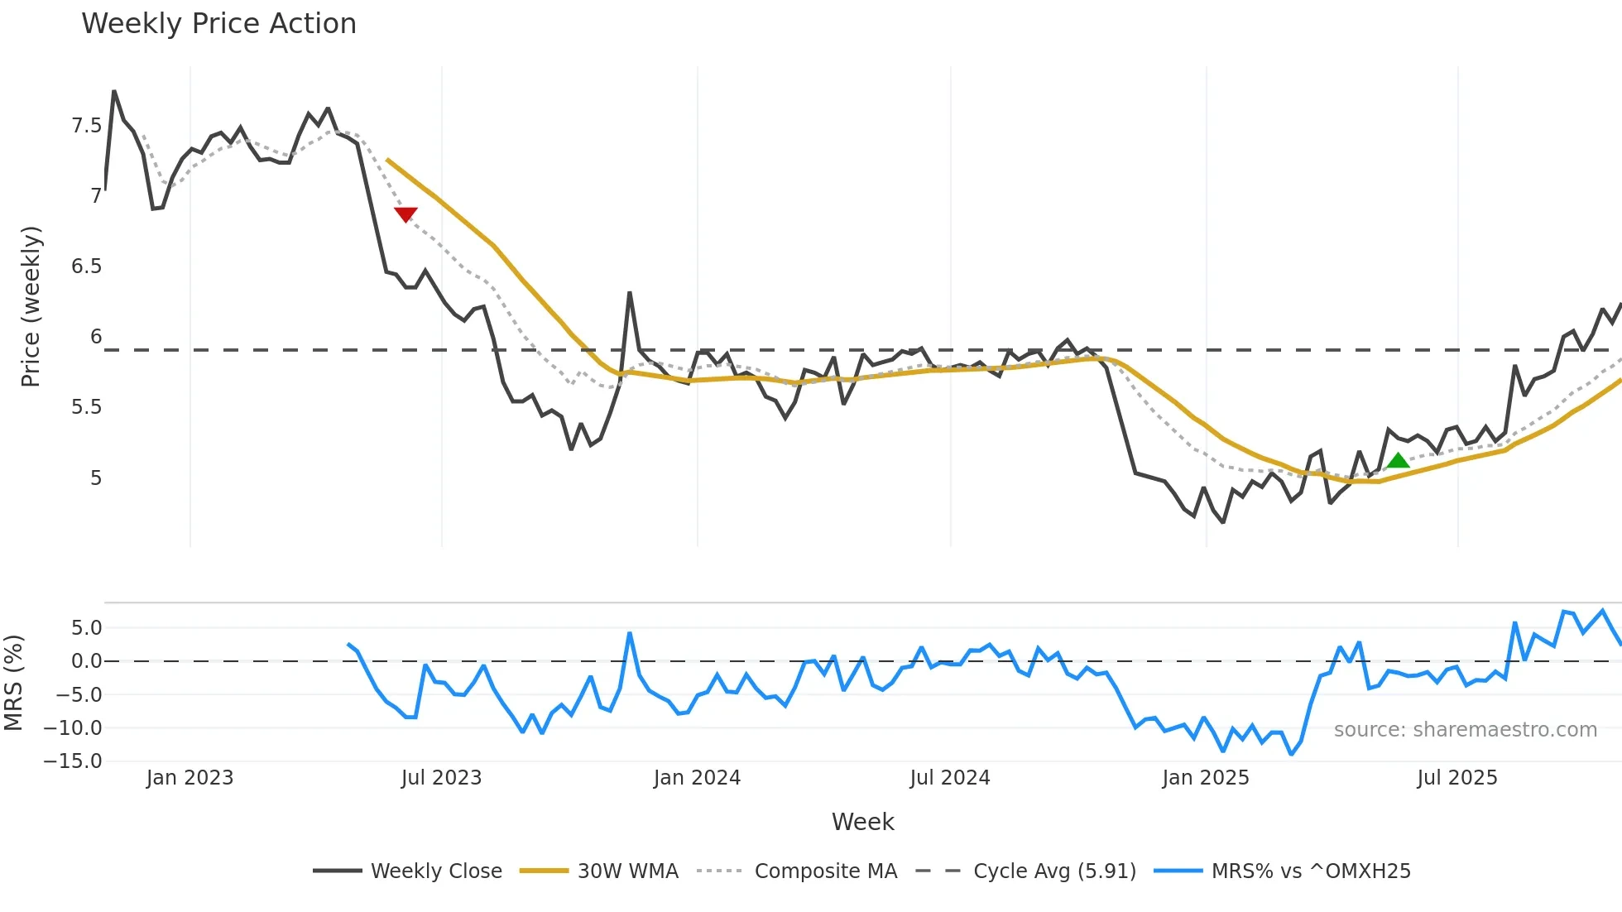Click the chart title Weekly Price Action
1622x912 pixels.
[218, 24]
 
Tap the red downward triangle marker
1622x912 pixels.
[405, 214]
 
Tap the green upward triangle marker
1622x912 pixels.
[1398, 461]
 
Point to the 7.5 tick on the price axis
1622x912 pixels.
[86, 126]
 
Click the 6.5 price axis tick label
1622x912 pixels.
[86, 266]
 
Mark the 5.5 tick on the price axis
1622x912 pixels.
[86, 407]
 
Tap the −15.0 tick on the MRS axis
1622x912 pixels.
[73, 761]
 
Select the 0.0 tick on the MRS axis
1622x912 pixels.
[86, 661]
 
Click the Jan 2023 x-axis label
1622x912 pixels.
[190, 778]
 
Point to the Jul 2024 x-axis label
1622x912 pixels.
[949, 778]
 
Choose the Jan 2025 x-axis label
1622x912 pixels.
[1205, 778]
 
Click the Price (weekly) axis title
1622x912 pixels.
[31, 306]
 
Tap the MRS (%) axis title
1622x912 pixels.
[13, 683]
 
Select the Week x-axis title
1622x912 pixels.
[862, 822]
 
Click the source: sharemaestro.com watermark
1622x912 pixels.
[1465, 730]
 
